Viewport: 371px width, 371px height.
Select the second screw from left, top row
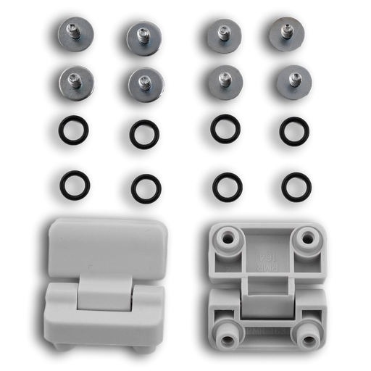point(143,36)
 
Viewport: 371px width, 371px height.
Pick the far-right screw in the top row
point(286,32)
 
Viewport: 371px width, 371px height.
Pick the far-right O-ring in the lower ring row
point(296,187)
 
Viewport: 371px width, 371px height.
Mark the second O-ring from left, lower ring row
point(146,188)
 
